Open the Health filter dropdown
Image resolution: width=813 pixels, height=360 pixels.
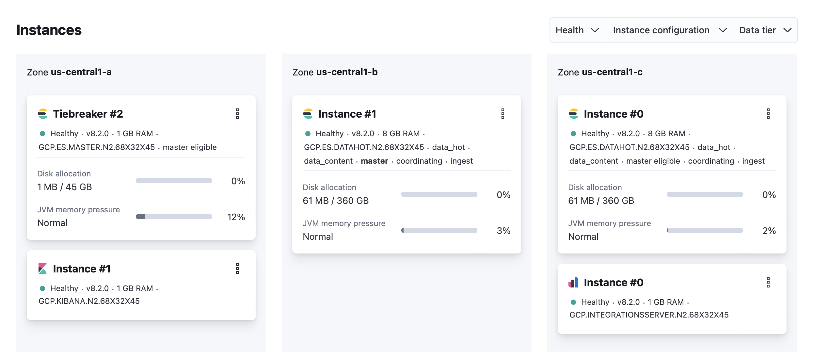point(577,30)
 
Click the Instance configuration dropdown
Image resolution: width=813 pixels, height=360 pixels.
point(669,30)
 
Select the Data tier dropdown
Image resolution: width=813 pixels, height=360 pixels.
point(765,30)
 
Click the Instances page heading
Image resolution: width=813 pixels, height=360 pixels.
point(49,30)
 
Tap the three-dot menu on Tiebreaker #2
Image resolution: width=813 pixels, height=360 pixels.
point(237,114)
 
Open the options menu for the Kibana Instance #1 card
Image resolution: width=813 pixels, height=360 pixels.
point(237,269)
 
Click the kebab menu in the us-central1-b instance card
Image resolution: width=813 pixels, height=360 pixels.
point(503,114)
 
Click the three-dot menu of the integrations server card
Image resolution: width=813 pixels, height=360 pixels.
point(768,282)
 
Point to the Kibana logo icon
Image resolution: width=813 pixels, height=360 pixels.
point(42,269)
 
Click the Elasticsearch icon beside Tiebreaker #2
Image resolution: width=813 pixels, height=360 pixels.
point(42,114)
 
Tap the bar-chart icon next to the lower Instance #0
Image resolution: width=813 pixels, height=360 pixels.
point(573,282)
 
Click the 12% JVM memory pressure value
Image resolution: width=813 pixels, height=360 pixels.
point(236,217)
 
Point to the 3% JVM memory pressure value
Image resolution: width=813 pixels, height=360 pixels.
point(503,231)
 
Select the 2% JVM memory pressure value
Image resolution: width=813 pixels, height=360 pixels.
point(769,231)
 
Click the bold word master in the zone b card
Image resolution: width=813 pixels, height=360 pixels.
point(375,161)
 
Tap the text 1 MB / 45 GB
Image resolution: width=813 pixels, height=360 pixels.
point(65,187)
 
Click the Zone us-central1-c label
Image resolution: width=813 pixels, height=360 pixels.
point(600,72)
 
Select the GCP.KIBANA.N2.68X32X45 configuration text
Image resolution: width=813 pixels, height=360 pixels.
point(89,301)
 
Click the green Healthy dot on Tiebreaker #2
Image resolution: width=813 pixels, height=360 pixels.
point(42,134)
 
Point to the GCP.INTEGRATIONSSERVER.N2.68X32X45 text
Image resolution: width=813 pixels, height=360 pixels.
point(649,315)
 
